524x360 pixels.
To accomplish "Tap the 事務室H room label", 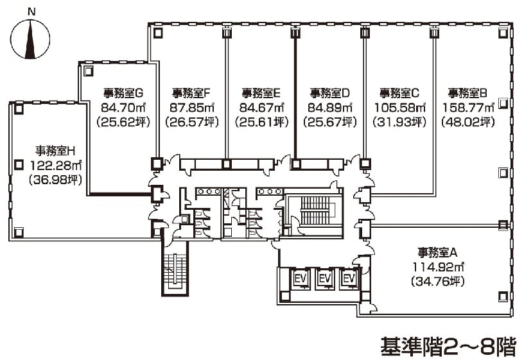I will pos(57,151).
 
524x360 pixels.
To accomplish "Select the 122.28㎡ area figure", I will pos(57,166).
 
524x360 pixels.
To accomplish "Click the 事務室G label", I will pos(122,92).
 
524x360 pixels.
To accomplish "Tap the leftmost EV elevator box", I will pos(300,279).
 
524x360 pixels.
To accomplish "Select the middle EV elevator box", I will pos(324,279).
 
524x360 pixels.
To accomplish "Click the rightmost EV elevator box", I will pos(349,279).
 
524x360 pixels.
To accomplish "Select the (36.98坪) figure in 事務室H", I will pos(57,180).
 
